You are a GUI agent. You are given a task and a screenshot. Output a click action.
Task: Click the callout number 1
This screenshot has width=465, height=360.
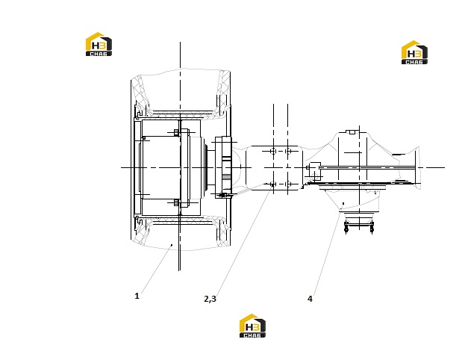pyautogui.click(x=137, y=296)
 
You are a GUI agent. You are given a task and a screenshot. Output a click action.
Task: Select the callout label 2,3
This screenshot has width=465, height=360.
pyautogui.click(x=210, y=299)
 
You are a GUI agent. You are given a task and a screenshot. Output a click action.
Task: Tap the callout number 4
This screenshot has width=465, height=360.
pyautogui.click(x=310, y=299)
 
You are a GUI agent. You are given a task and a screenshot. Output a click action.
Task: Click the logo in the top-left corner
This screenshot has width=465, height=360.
pyautogui.click(x=99, y=44)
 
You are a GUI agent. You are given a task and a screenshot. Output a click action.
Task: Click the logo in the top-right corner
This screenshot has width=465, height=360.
pyautogui.click(x=414, y=52)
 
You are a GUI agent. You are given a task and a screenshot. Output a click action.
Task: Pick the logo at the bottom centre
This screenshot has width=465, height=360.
pyautogui.click(x=252, y=326)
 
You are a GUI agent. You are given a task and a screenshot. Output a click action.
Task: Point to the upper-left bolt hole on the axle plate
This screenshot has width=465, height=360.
pyautogui.click(x=273, y=151)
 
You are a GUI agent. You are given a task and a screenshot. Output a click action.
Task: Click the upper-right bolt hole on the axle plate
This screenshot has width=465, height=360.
pyautogui.click(x=287, y=151)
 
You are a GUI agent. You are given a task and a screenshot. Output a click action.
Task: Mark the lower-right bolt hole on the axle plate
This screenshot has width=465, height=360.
pyautogui.click(x=287, y=184)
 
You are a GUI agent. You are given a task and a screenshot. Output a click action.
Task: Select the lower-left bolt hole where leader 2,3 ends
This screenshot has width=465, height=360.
pyautogui.click(x=273, y=184)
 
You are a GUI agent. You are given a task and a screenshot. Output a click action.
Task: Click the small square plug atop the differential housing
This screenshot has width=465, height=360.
pyautogui.click(x=352, y=132)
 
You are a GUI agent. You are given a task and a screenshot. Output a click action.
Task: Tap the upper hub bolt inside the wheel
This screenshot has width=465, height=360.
pyautogui.click(x=176, y=132)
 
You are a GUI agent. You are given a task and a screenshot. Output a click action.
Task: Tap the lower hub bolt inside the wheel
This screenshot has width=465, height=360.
pyautogui.click(x=176, y=203)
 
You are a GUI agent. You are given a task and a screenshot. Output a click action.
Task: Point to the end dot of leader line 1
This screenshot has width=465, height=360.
pyautogui.click(x=172, y=245)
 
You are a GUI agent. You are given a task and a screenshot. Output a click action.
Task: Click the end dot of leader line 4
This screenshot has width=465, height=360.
pyautogui.click(x=343, y=203)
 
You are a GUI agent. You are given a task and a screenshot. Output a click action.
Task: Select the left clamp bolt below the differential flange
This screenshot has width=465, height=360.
pyautogui.click(x=346, y=227)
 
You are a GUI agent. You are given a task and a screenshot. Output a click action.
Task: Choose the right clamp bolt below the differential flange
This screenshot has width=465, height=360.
pyautogui.click(x=372, y=227)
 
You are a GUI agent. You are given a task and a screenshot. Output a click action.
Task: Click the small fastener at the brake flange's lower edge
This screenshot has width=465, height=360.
pyautogui.click(x=224, y=195)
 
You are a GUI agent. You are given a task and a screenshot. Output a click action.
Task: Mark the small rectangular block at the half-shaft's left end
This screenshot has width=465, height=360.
pyautogui.click(x=315, y=167)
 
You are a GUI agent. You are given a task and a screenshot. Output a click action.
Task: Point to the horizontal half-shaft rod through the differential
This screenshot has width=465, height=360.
pyautogui.click(x=368, y=168)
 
